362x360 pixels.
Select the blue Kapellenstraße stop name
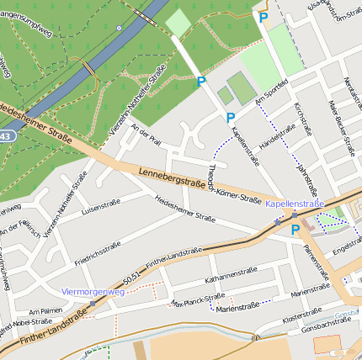pos(295,204)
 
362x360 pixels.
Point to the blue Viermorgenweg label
pos(93,292)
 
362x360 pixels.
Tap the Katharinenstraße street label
pos(231,274)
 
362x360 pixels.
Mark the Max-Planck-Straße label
pos(198,299)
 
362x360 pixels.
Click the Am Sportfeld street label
pos(271,96)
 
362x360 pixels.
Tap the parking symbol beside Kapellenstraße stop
pos(295,230)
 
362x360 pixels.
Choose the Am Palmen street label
pos(45,310)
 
